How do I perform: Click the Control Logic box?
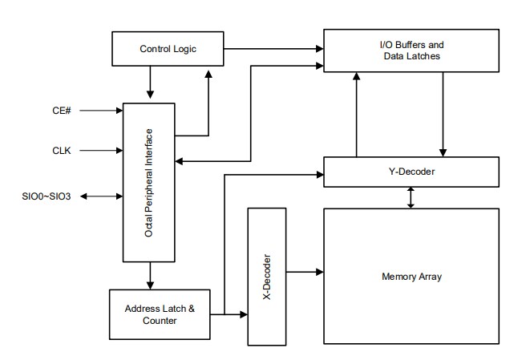167,50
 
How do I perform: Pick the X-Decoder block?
268,276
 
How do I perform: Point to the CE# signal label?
62,111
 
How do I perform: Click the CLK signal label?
63,149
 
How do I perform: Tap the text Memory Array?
412,277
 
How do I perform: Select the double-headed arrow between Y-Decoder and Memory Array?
411,196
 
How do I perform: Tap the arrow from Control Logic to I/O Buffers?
273,50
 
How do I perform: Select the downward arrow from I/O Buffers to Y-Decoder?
443,112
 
